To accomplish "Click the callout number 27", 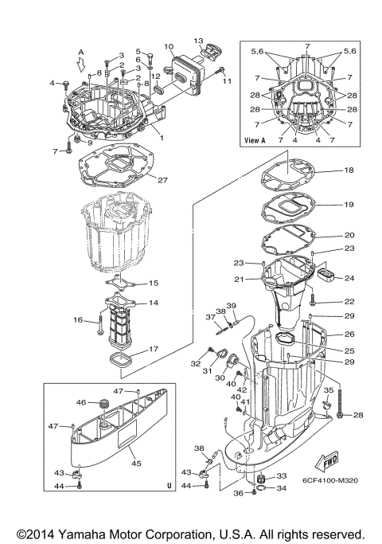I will pos(162,180).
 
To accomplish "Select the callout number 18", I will pos(349,171).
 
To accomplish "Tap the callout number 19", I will pos(349,205).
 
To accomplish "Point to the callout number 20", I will pos(349,236).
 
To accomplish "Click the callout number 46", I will pos(80,403).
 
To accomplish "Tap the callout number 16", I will pos(79,320).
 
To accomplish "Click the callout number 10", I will pos(168,47).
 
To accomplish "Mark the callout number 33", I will pos(280,476).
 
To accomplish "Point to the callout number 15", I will pos(154,284).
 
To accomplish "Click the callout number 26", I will pos(349,335).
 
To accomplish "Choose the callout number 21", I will pos(238,279).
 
